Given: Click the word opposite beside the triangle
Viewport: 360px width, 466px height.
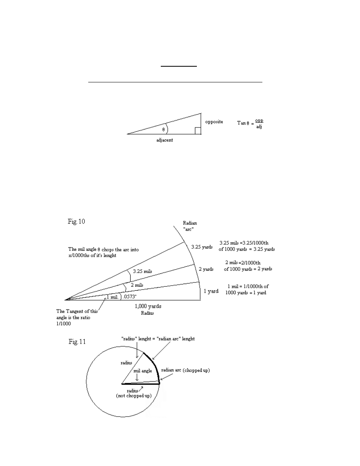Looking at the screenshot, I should pyautogui.click(x=214, y=122).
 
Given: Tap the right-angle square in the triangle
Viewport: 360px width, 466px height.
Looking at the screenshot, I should pyautogui.click(x=198, y=131).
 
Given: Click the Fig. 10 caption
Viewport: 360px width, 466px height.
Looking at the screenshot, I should pyautogui.click(x=77, y=221).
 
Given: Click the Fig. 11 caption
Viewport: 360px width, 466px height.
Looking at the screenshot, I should pyautogui.click(x=77, y=342).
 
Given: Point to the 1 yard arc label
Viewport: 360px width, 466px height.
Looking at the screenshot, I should pyautogui.click(x=211, y=291).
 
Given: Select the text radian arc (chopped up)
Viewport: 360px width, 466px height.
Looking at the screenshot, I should pyautogui.click(x=185, y=370).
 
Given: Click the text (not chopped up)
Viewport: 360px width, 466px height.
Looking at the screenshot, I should pyautogui.click(x=135, y=396).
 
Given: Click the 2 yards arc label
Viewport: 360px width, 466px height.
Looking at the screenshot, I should pyautogui.click(x=206, y=269).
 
